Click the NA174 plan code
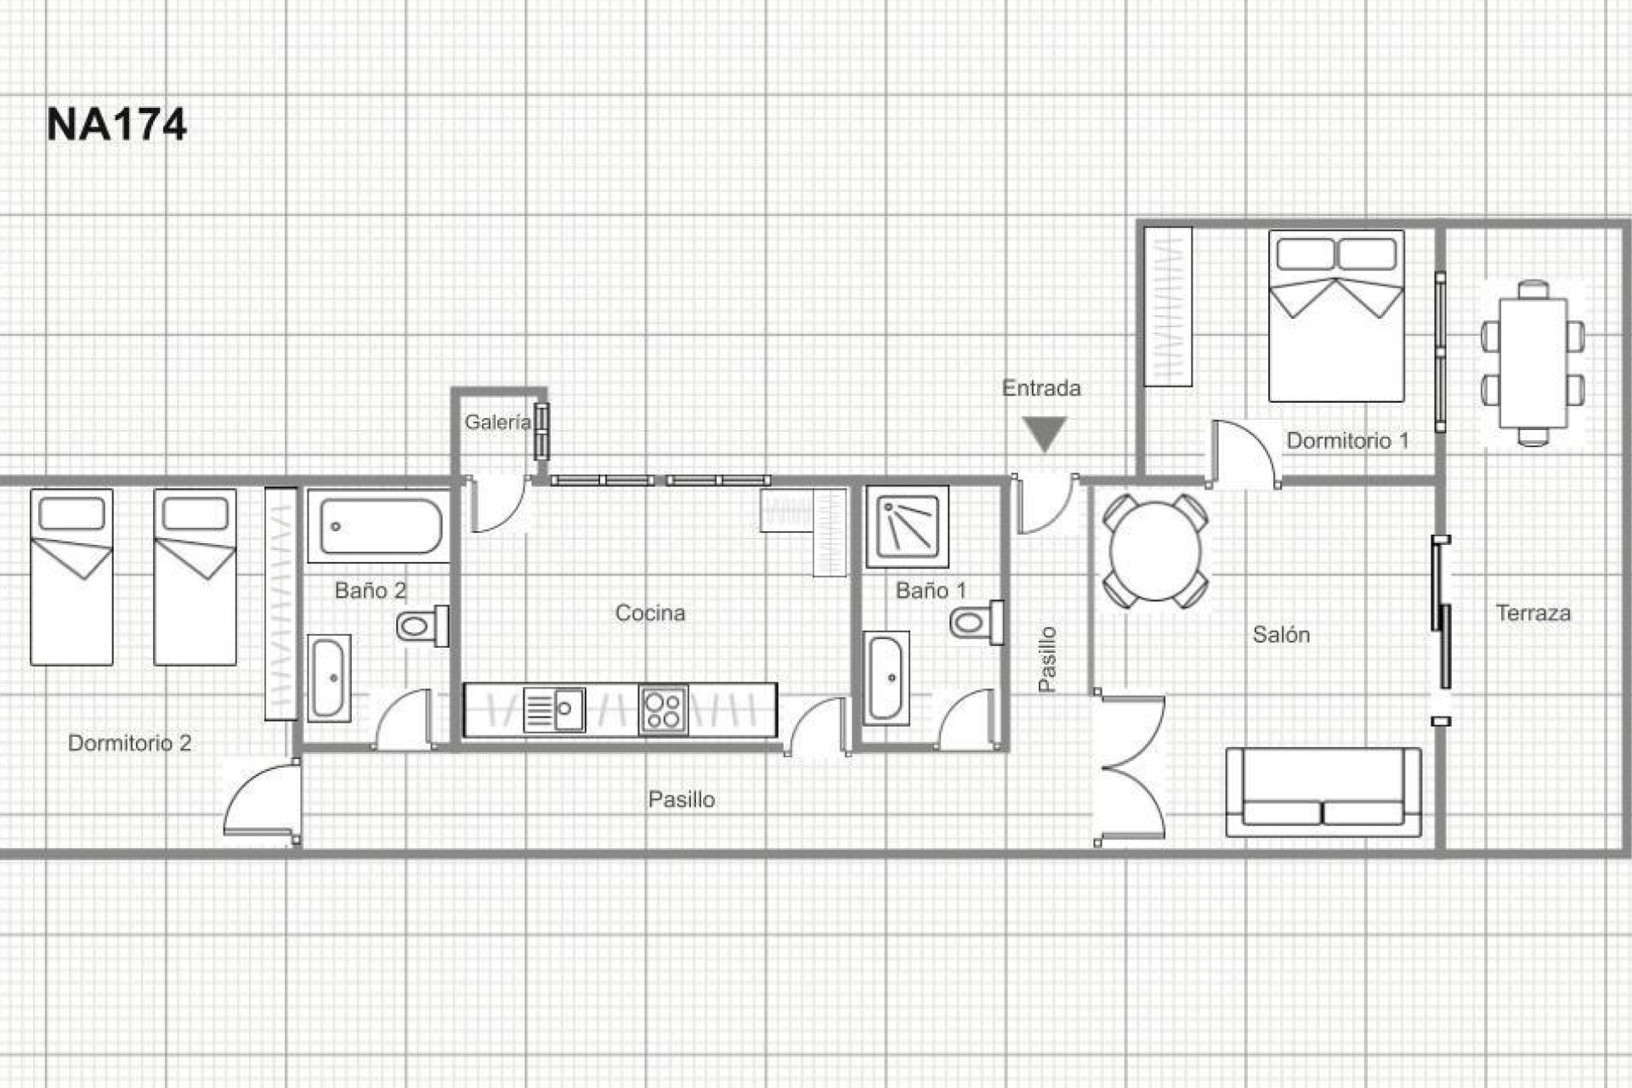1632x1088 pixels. pos(116,125)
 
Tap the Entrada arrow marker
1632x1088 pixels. pos(1045,434)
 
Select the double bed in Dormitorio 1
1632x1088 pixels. pos(1336,316)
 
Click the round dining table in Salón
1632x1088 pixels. pos(1156,551)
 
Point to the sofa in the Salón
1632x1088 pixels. pos(1323,792)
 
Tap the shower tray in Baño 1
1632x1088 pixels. pos(908,526)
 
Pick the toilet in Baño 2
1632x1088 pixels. pos(422,626)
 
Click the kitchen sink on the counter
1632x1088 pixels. pos(553,710)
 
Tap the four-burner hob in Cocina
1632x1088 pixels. pos(664,710)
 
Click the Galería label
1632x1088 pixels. pos(496,422)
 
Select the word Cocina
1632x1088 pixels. pos(650,613)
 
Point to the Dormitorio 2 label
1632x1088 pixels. pos(129,743)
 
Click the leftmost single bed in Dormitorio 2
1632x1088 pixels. pos(72,577)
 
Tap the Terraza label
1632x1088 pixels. pos(1533,613)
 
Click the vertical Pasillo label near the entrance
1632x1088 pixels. pos(1048,659)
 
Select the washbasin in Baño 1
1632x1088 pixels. pos(887,677)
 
